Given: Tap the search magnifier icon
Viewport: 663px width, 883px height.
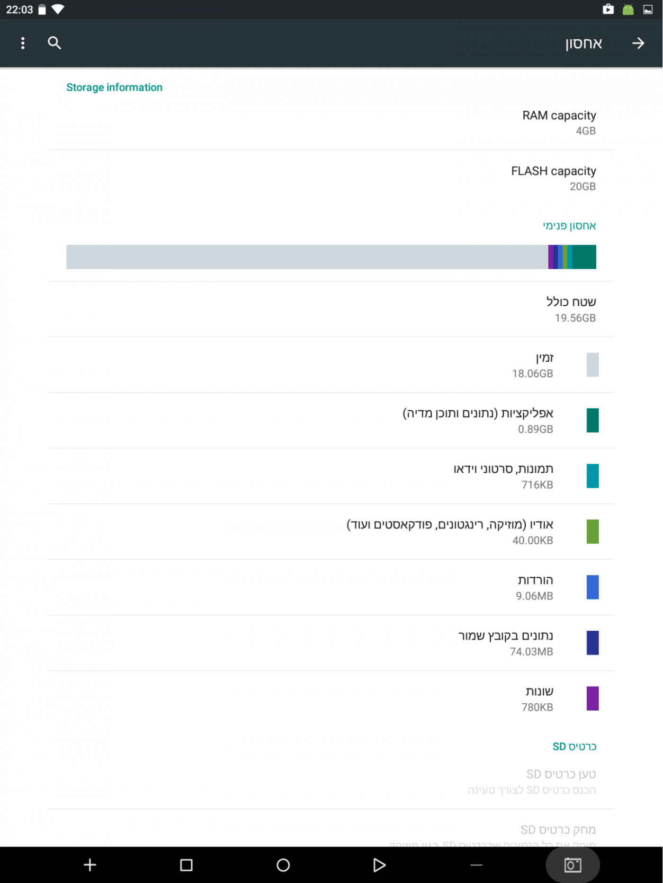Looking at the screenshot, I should click(x=54, y=43).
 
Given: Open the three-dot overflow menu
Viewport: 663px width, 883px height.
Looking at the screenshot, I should click(x=23, y=43).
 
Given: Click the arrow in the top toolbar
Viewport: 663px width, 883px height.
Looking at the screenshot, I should click(x=638, y=43).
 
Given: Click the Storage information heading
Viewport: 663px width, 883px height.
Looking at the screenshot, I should click(x=114, y=88).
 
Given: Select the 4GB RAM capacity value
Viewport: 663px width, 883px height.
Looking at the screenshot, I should click(x=585, y=131).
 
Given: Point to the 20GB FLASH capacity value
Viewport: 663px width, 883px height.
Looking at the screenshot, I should click(x=582, y=186).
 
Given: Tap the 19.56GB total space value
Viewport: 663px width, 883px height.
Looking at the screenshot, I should click(x=575, y=318).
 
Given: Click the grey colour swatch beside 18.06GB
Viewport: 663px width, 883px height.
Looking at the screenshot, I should click(x=592, y=365).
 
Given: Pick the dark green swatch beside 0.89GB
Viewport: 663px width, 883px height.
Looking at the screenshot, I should click(x=592, y=420).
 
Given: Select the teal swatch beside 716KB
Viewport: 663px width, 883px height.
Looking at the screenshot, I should click(x=592, y=476).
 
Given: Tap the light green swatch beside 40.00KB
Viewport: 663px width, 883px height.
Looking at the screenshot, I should click(x=592, y=531).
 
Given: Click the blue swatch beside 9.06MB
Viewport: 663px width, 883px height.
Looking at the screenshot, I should click(x=592, y=587).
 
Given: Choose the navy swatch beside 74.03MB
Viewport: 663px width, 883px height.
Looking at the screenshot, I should click(x=592, y=643).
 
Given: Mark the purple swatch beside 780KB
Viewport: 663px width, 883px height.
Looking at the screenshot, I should click(x=592, y=698).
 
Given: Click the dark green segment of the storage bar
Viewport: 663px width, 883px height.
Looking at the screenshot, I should click(x=584, y=257).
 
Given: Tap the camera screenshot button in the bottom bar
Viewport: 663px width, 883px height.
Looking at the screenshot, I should click(x=573, y=865).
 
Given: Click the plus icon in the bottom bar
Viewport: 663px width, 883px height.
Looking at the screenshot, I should click(x=90, y=865).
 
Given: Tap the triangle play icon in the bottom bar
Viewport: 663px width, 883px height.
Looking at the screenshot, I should click(x=379, y=865).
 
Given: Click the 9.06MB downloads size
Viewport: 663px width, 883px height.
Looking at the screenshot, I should click(x=534, y=596).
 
